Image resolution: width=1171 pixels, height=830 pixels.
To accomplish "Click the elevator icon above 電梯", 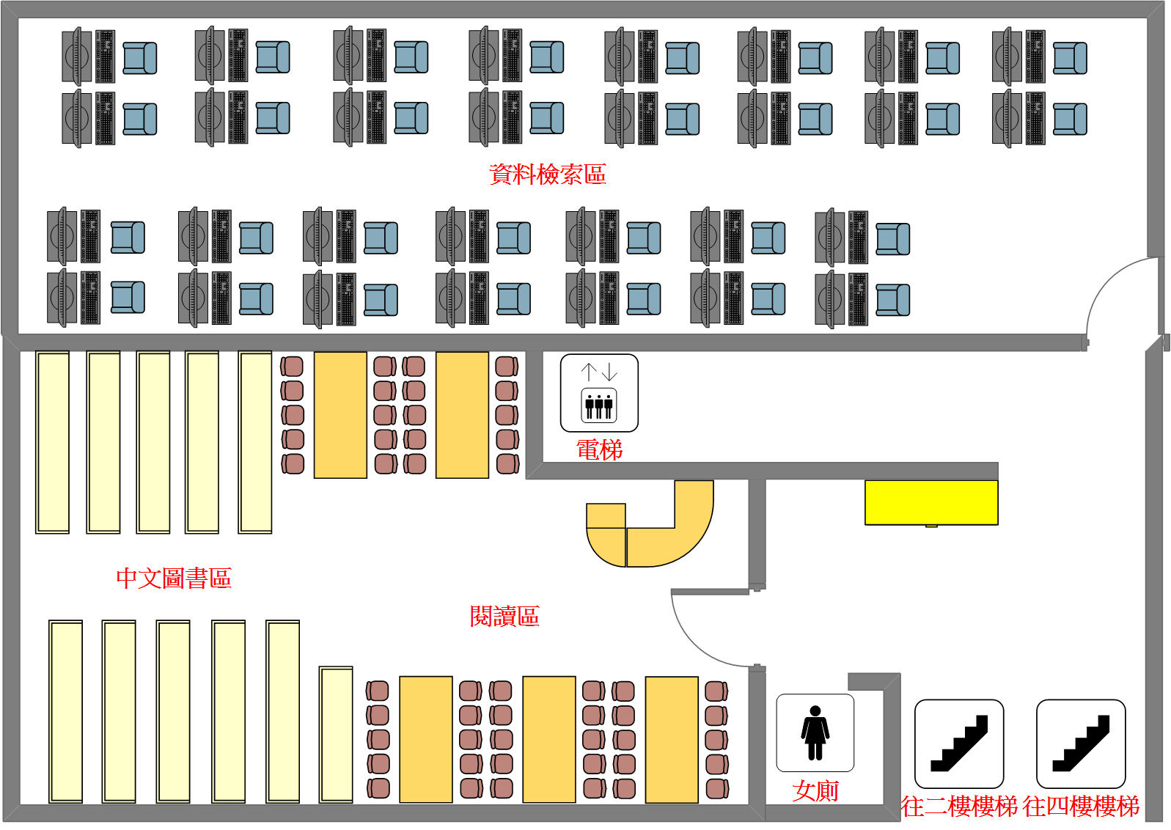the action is tap(599, 393).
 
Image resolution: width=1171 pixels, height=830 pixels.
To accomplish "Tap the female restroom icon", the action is tap(815, 732).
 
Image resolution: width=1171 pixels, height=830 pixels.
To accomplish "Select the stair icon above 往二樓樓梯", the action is tap(959, 743).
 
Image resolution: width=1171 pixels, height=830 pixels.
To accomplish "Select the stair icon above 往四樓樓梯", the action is tap(1081, 743).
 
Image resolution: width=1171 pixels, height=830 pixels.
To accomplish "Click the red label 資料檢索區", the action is tap(547, 174).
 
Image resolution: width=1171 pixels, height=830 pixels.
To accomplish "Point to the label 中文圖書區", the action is tap(174, 578).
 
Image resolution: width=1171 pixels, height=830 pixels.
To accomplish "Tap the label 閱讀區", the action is tap(504, 616).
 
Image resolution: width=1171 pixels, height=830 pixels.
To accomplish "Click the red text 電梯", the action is tap(599, 449).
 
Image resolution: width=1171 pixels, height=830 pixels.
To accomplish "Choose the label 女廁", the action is tap(815, 791).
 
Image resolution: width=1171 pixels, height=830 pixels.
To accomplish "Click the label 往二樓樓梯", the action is tap(959, 807).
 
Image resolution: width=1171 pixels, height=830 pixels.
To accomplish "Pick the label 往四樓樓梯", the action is tap(1081, 807).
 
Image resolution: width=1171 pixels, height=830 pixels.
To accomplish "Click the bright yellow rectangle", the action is tap(931, 503).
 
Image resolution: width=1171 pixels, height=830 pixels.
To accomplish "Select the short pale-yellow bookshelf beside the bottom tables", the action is tap(336, 735).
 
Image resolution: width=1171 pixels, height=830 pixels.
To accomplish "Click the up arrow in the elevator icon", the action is tap(589, 372).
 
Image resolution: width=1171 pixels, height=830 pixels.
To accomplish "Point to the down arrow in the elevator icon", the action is tap(609, 372).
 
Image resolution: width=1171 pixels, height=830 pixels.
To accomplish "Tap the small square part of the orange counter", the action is tap(606, 515).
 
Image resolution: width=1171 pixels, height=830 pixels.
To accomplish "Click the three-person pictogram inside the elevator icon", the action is tap(598, 406).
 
